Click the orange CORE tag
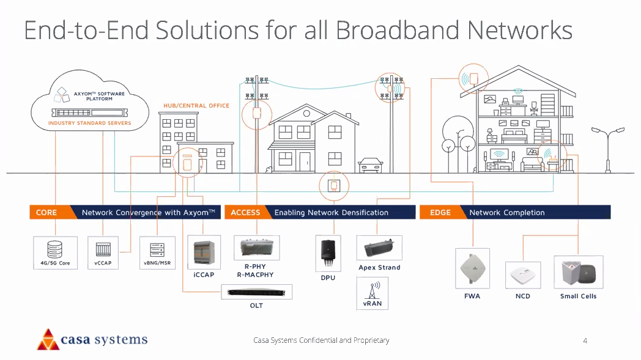pos(46,213)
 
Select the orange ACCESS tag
pos(245,213)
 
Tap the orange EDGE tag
pos(440,213)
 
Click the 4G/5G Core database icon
pos(55,249)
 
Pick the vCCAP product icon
pos(102,249)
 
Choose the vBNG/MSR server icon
pos(157,249)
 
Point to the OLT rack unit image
pos(256,292)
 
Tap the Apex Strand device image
pos(379,249)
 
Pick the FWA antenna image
pos(472,268)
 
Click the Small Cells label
pos(578,296)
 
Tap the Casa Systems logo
pos(92,339)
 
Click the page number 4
pos(585,340)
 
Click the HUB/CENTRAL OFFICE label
pos(196,106)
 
